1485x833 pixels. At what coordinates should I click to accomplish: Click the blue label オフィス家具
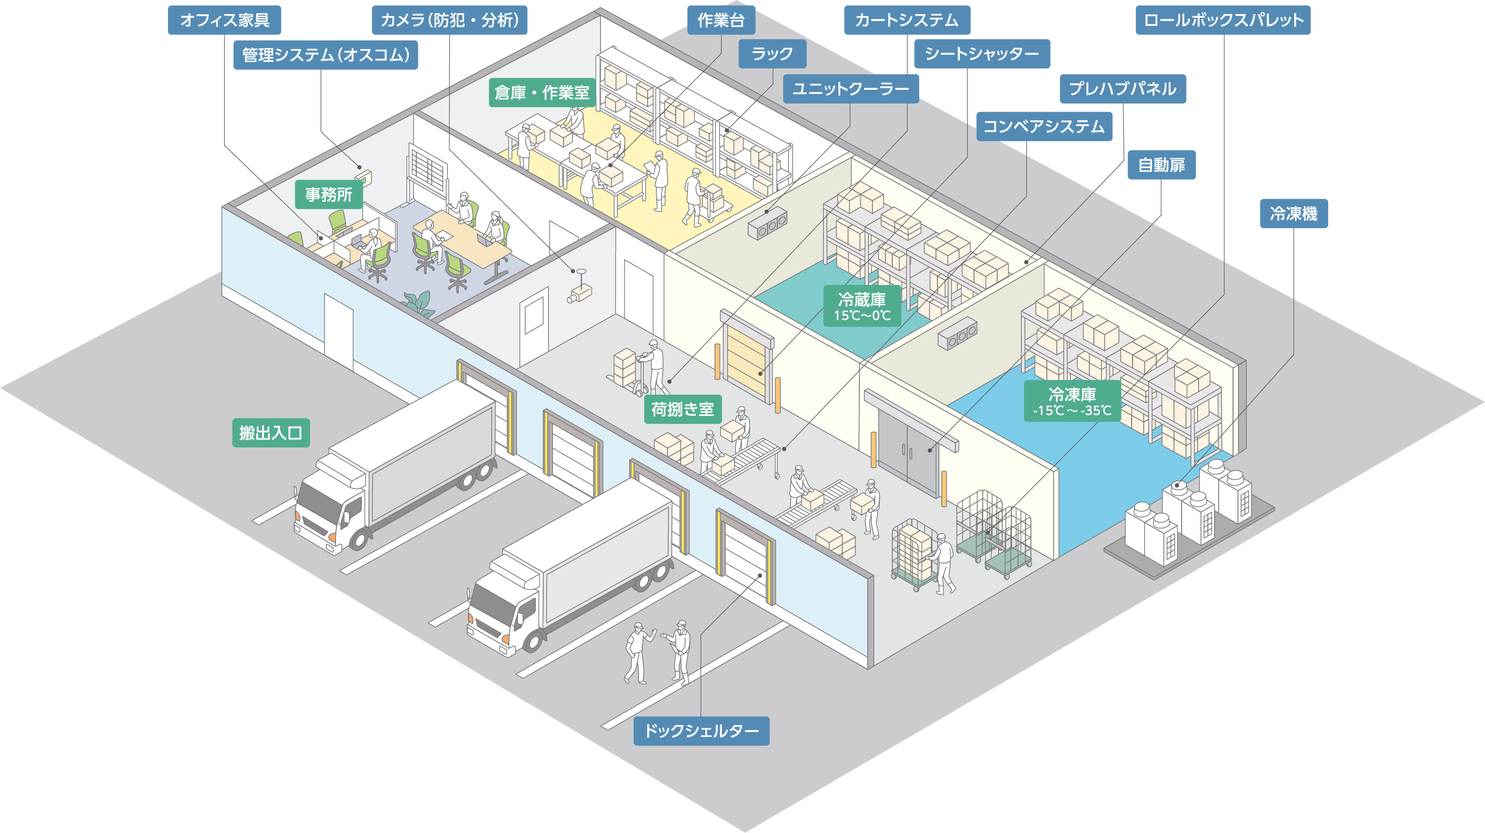(224, 20)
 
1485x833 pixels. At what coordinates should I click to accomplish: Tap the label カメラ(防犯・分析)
(449, 20)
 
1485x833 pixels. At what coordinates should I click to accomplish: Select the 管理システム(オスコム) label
(326, 55)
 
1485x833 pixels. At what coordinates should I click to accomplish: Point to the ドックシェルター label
(701, 731)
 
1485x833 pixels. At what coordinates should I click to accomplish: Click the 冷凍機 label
(1293, 214)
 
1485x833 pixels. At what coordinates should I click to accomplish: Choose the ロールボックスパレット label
(1223, 20)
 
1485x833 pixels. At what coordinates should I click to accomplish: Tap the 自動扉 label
(1161, 166)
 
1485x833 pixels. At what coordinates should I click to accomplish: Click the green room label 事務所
(329, 194)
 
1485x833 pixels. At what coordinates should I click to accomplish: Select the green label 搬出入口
(271, 433)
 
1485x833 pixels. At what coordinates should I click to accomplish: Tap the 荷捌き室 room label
(683, 409)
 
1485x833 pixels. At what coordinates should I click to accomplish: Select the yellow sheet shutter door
(746, 360)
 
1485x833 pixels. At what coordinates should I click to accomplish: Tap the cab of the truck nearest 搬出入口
(329, 507)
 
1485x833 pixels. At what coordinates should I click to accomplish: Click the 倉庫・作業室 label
(542, 92)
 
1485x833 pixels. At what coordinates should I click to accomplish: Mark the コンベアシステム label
(1043, 126)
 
